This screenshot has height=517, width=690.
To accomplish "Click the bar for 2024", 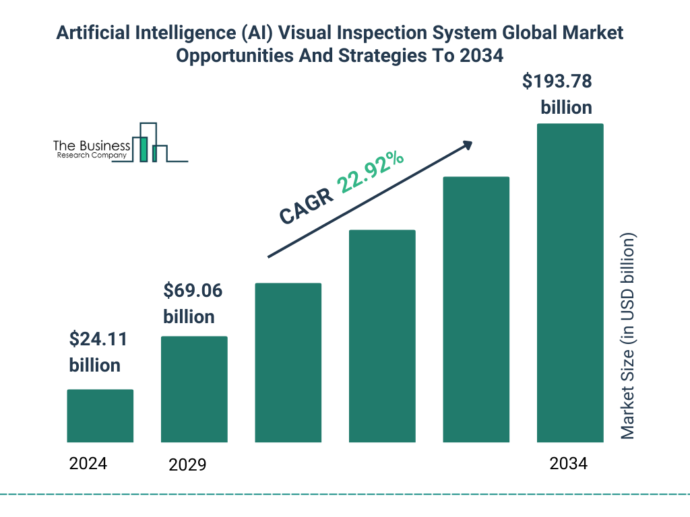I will [x=100, y=415].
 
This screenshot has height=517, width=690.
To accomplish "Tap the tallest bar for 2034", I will [x=569, y=283].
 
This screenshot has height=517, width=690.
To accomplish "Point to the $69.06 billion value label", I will [x=192, y=304].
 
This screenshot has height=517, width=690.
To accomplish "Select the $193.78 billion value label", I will [x=558, y=94].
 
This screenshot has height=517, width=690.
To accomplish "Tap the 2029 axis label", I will [x=187, y=464].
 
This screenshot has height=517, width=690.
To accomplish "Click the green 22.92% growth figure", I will [x=371, y=171].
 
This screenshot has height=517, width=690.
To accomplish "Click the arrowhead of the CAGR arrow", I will [x=466, y=145].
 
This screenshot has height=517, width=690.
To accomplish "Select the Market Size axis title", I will [x=628, y=337].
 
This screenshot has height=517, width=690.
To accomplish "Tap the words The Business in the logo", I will [x=92, y=146].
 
